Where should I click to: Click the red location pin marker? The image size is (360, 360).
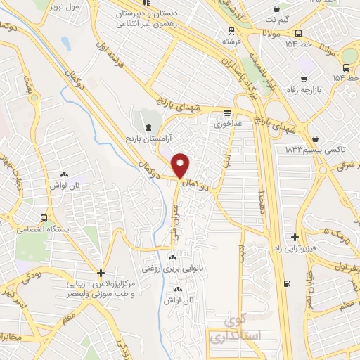182,165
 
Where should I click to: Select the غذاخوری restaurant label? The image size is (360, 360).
229,123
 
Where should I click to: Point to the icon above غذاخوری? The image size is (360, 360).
227,112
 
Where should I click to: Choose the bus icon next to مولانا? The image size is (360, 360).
299,33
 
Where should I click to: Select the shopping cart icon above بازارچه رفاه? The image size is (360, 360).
304,81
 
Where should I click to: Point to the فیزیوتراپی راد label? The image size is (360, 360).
295,249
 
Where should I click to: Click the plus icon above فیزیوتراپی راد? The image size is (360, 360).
295,238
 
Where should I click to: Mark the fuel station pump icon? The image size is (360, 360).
285,284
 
